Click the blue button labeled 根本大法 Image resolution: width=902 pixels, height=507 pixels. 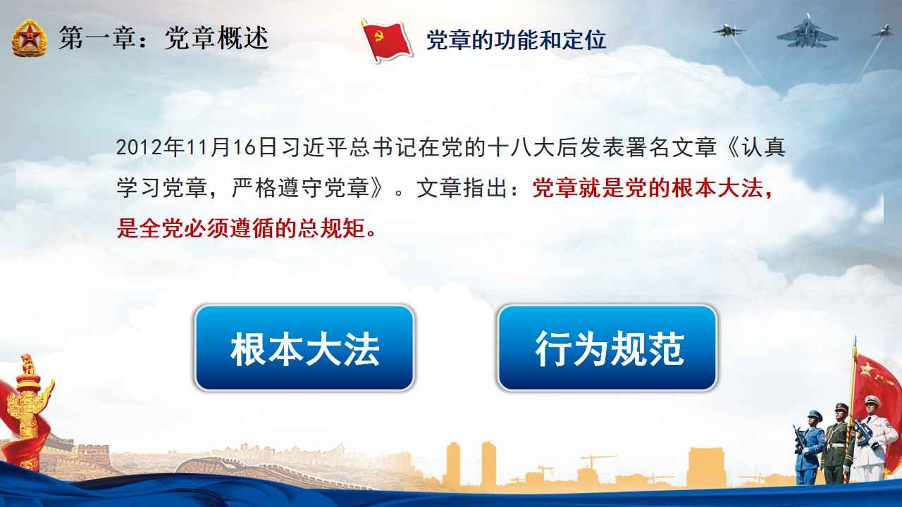[304, 348]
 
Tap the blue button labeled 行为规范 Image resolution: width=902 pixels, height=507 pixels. [608, 348]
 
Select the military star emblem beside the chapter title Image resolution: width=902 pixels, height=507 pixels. [29, 39]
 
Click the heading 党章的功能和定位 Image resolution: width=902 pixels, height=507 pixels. [517, 40]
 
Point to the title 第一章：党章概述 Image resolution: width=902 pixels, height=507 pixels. [163, 38]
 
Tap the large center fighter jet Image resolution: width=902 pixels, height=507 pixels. [808, 32]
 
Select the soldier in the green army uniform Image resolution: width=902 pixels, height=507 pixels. [839, 443]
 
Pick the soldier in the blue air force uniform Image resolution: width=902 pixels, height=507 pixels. [808, 446]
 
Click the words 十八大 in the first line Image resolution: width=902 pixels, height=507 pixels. [522, 147]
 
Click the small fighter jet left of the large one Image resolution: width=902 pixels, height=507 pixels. [729, 30]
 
